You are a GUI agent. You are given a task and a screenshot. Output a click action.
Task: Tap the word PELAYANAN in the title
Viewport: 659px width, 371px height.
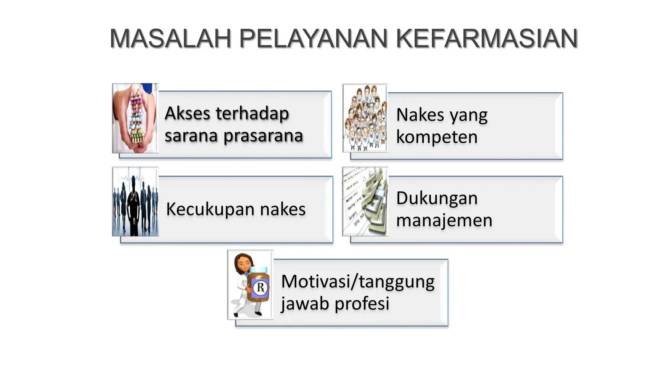(313, 39)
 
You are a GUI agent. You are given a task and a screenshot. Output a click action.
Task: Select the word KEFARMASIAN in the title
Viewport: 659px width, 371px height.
(487, 39)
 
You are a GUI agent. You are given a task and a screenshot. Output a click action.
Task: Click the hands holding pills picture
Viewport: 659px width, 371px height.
(135, 118)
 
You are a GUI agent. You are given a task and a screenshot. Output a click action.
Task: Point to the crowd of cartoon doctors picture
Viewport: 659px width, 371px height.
(365, 118)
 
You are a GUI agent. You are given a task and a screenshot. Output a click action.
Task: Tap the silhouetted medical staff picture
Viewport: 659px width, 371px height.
(135, 202)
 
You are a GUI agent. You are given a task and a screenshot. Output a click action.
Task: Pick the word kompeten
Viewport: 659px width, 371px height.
(437, 138)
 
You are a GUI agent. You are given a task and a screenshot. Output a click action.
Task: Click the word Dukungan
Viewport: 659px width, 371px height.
(437, 198)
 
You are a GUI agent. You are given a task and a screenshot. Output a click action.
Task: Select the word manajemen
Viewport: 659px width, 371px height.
(444, 221)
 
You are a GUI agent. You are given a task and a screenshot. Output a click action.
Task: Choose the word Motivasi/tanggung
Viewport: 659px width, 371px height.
(358, 282)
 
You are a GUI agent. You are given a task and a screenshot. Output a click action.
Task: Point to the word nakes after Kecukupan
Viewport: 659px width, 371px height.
(283, 210)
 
